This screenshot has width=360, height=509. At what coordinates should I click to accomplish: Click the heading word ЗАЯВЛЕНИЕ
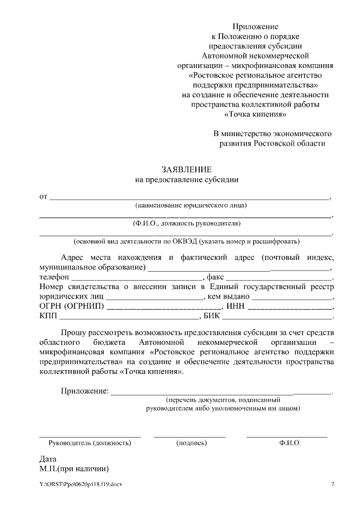pyautogui.click(x=187, y=169)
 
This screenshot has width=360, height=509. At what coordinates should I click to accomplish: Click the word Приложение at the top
pyautogui.click(x=256, y=26)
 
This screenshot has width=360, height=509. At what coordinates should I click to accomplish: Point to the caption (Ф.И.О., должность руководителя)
pyautogui.click(x=186, y=223)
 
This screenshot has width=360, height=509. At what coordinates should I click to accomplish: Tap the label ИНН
pyautogui.click(x=235, y=307)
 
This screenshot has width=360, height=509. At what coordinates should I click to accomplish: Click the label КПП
pyautogui.click(x=49, y=317)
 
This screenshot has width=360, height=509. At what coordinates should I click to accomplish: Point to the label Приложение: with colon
pyautogui.click(x=84, y=391)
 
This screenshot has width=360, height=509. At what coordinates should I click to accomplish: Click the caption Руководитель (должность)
pyautogui.click(x=90, y=443)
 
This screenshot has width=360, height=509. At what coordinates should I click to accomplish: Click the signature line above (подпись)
pyautogui.click(x=190, y=436)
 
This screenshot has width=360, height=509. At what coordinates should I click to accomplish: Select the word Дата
pyautogui.click(x=48, y=458)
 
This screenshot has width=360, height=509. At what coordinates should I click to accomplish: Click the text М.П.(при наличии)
pyautogui.click(x=73, y=468)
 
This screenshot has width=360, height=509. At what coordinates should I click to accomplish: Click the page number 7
pyautogui.click(x=332, y=484)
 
